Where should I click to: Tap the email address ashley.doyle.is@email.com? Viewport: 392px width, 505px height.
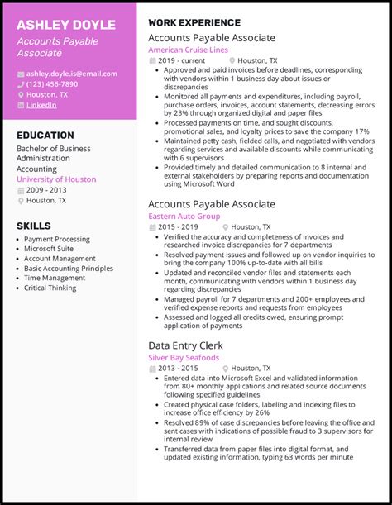click(72, 74)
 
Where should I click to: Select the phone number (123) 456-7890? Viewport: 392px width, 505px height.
click(52, 84)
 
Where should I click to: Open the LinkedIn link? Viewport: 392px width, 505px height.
click(41, 105)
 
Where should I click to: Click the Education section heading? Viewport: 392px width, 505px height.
click(45, 135)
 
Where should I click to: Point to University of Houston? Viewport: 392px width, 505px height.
click(56, 179)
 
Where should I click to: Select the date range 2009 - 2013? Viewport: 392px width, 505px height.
click(47, 190)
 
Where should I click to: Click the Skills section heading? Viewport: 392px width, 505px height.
click(33, 226)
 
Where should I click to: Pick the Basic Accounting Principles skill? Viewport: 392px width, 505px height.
click(69, 269)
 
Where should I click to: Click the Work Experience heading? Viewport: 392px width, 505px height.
click(194, 23)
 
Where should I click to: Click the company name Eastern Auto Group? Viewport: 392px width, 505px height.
click(184, 216)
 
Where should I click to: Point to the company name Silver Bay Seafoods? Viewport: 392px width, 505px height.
click(184, 358)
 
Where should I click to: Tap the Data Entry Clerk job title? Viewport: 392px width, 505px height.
click(185, 345)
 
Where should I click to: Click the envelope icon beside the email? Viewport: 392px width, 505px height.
click(20, 74)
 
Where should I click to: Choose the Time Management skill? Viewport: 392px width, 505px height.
click(55, 278)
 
